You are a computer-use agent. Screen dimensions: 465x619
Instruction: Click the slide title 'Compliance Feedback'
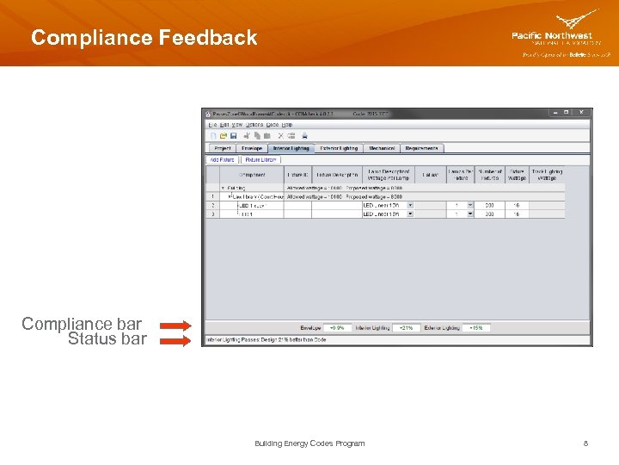144,38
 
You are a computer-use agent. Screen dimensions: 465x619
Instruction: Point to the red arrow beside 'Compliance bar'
175,325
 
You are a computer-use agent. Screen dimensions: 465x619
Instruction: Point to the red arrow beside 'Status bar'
175,340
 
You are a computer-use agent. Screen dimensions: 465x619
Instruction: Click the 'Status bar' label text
107,339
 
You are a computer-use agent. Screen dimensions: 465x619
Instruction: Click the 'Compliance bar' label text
82,324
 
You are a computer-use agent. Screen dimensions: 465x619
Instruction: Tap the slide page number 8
585,443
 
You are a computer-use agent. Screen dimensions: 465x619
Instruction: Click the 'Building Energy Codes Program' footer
309,443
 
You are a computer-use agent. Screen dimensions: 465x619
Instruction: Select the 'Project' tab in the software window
222,148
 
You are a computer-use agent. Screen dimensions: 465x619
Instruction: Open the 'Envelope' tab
251,148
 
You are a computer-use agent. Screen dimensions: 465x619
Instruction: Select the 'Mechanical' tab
382,148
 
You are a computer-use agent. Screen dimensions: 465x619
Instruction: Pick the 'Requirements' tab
421,148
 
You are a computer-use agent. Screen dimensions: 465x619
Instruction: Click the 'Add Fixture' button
222,159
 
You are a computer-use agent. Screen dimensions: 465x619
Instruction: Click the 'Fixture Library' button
261,159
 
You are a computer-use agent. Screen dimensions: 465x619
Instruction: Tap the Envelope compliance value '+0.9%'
337,328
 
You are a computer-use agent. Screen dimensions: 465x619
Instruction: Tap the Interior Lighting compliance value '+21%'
406,328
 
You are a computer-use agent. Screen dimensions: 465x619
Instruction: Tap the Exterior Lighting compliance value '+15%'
476,328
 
